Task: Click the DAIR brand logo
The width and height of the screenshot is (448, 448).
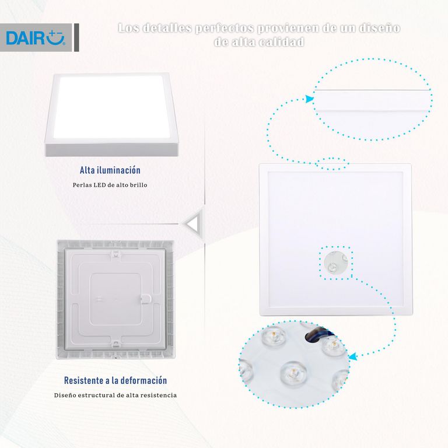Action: [x=36, y=38]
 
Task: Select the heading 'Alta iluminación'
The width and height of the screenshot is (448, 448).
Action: [x=110, y=170]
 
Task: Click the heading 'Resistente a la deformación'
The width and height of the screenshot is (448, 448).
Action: [x=116, y=380]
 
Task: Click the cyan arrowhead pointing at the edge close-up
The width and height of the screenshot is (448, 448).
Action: [x=309, y=99]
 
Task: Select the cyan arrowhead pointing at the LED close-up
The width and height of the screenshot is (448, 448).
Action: [x=353, y=356]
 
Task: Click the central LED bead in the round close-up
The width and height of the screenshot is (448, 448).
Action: [x=293, y=373]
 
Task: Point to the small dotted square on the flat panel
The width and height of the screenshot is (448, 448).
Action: [x=336, y=262]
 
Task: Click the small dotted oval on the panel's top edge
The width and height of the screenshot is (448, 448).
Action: [x=332, y=164]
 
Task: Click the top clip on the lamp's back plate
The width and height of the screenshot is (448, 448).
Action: [x=116, y=254]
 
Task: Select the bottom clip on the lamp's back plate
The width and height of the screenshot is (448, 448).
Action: [x=116, y=344]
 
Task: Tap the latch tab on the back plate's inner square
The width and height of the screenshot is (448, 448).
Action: [x=146, y=299]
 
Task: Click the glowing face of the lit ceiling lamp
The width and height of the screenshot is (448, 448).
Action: [x=111, y=107]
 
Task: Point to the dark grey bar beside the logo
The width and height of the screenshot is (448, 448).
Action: [x=76, y=37]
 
